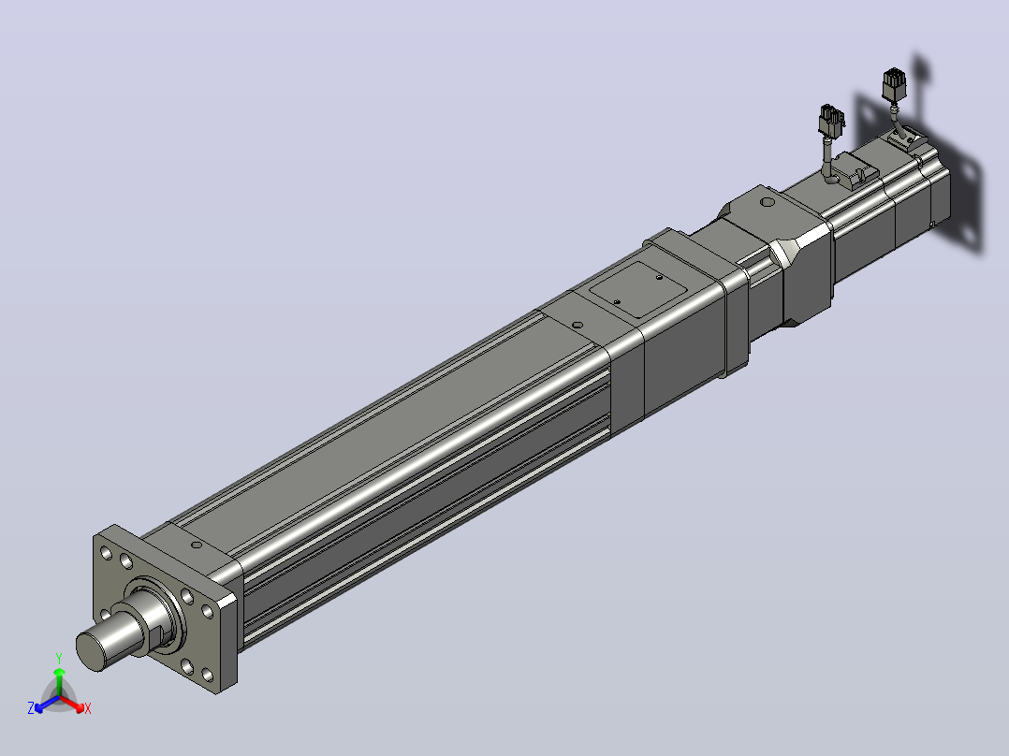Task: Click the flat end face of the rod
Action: click(x=91, y=652)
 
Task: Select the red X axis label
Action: click(x=88, y=708)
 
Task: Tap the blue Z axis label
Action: click(x=30, y=707)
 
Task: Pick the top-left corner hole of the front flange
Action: click(x=106, y=553)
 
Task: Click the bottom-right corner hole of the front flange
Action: click(x=207, y=675)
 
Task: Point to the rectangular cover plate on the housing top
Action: click(x=639, y=288)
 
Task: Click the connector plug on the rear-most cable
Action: click(x=894, y=84)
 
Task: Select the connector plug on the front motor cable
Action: click(x=831, y=121)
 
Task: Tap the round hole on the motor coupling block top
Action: click(x=768, y=202)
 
